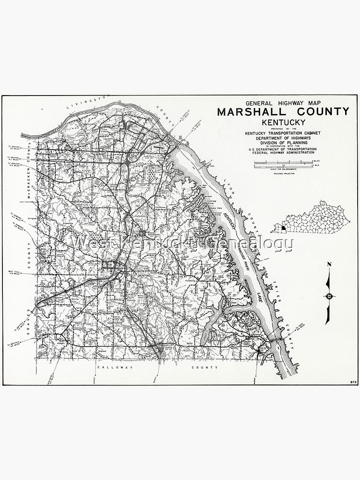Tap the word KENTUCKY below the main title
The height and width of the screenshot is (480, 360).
(283, 122)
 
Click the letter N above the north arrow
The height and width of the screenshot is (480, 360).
(329, 264)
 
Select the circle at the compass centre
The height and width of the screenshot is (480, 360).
(329, 296)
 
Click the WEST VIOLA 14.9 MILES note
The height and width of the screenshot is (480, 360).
(13, 274)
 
